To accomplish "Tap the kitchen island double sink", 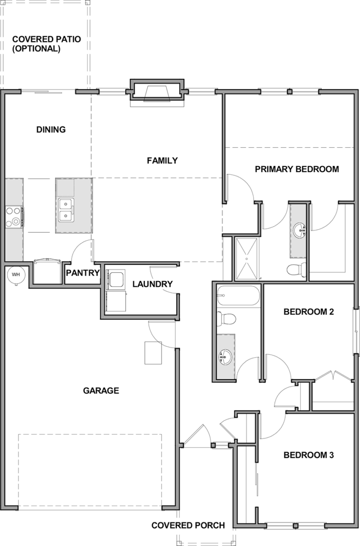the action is (66, 210).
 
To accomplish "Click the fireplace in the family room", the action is (156, 93).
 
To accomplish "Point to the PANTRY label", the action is (83, 273).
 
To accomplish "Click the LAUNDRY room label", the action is (152, 284).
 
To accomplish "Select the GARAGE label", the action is (101, 391).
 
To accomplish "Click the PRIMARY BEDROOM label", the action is (297, 169).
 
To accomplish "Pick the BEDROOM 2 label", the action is (309, 312).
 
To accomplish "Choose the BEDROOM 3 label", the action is (309, 455).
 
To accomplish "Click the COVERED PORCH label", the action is (188, 525).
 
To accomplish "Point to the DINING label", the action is (51, 129).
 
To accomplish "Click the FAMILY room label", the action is (162, 161).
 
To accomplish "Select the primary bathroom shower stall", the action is (247, 259).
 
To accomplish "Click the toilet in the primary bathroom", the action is (296, 269).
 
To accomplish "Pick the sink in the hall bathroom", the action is (225, 357).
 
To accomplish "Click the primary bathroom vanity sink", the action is (299, 231).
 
